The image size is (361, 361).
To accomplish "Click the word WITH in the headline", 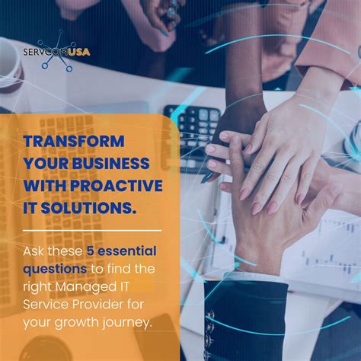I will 43,187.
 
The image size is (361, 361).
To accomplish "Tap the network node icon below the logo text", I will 55,64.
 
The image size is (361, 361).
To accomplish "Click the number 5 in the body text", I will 88,252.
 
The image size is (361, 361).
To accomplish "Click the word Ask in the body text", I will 34,252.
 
